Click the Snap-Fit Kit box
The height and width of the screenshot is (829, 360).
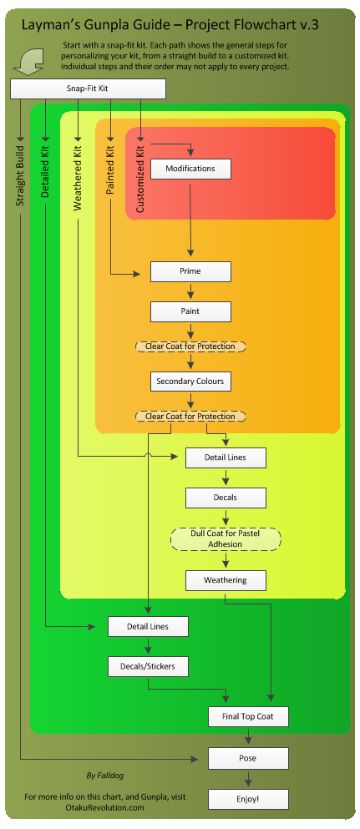tap(88, 88)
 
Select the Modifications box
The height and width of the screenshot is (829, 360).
tap(190, 169)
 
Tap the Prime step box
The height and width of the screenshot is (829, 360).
tap(190, 271)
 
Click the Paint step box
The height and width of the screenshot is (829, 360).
tap(190, 311)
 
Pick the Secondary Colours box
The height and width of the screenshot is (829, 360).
tap(190, 382)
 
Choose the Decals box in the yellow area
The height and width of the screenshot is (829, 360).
tap(226, 498)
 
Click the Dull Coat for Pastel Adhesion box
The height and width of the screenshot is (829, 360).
tap(226, 538)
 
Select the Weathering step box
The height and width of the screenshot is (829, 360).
tap(226, 579)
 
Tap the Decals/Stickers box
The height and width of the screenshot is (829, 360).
tap(148, 666)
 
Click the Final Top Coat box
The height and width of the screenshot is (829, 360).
tap(248, 716)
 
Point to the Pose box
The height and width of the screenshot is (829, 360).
tap(248, 758)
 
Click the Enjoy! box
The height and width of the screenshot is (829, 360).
tap(248, 799)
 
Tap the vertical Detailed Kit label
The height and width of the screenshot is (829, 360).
tap(45, 170)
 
